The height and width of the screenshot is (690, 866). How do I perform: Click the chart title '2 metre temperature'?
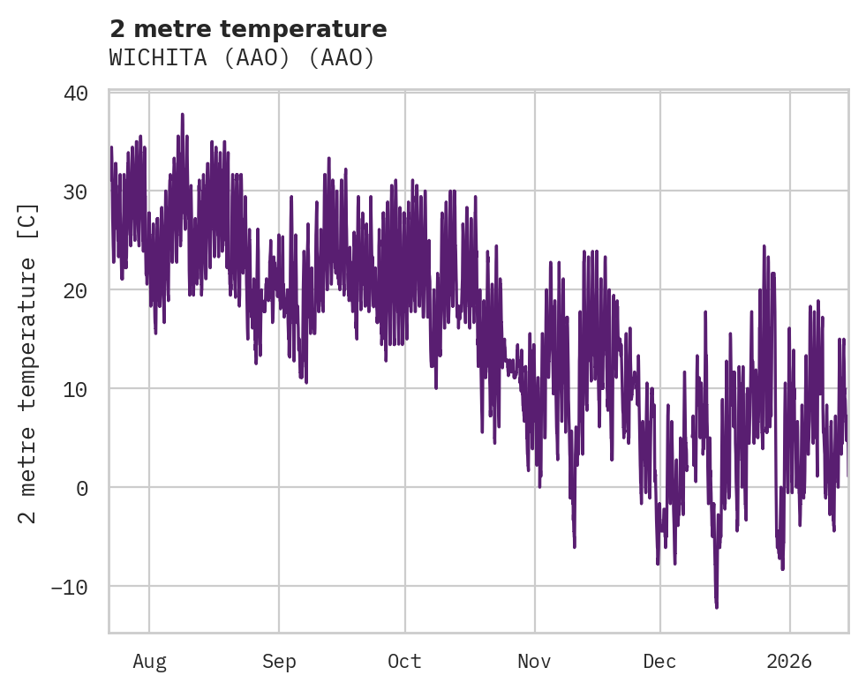click(248, 29)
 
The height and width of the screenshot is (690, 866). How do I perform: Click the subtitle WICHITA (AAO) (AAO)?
click(242, 58)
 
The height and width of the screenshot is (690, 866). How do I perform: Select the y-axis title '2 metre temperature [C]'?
click(28, 363)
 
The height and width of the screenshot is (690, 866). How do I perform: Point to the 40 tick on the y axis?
click(75, 93)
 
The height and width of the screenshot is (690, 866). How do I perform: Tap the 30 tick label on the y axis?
click(75, 191)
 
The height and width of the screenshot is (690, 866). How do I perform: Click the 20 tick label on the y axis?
click(75, 290)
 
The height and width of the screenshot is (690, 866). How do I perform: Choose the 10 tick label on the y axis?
click(75, 389)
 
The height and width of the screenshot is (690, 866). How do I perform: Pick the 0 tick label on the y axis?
click(81, 488)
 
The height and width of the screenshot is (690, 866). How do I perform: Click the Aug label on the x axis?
click(149, 661)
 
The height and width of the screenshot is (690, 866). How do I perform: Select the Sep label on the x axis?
click(279, 661)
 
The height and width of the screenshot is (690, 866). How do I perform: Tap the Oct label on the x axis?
click(405, 661)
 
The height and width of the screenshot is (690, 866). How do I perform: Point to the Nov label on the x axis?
click(534, 661)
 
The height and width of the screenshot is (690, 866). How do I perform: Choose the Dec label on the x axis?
click(660, 661)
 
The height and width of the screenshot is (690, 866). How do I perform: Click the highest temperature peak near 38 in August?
click(182, 114)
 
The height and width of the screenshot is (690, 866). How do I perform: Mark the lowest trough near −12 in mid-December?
click(716, 607)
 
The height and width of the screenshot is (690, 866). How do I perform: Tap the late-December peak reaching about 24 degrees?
click(764, 246)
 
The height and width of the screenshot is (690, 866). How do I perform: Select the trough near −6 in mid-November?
click(574, 546)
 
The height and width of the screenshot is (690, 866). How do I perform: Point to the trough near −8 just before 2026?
click(782, 568)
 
